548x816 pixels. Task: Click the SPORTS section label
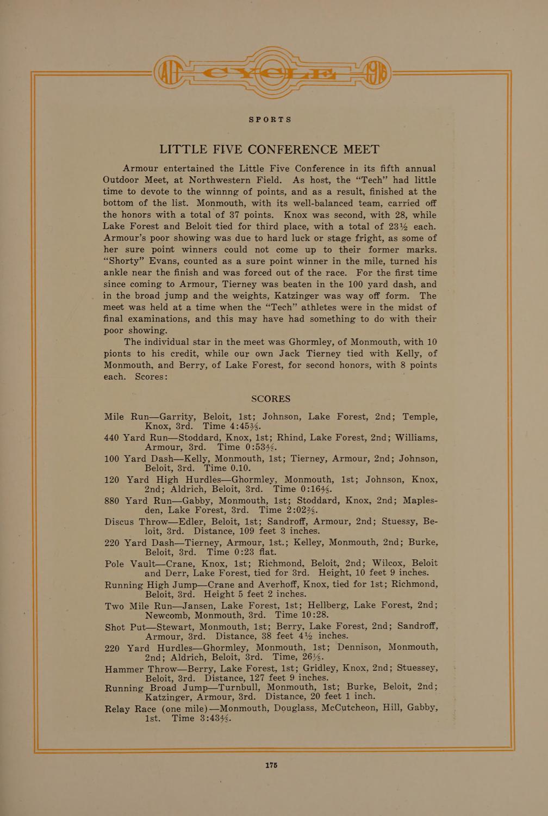pos(270,119)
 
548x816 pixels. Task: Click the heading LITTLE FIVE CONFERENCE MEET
pos(269,150)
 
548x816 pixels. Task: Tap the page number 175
pos(271,765)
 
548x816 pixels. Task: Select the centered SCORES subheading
pos(270,399)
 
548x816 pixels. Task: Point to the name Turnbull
pos(242,687)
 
